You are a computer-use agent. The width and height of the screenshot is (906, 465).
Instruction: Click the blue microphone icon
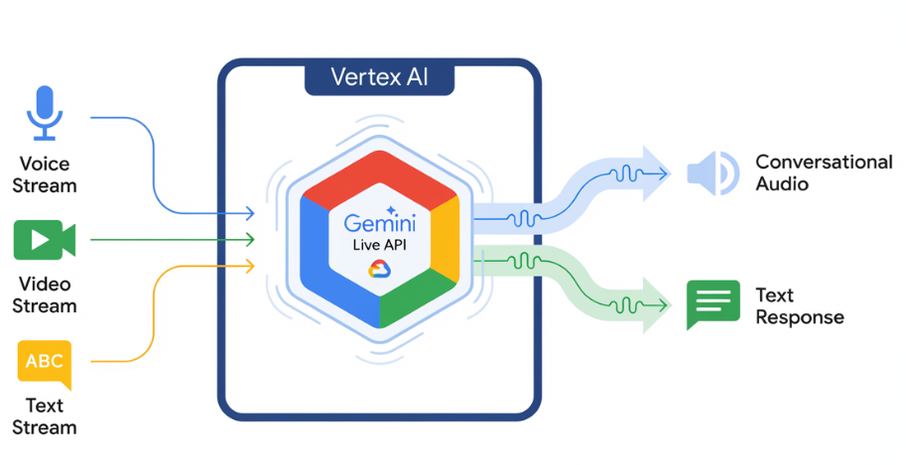tap(44, 112)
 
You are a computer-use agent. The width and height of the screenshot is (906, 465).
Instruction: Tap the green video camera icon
tap(44, 240)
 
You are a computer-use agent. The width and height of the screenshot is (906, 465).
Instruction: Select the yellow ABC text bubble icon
tap(45, 363)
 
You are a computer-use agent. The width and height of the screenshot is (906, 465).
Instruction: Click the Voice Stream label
tap(44, 174)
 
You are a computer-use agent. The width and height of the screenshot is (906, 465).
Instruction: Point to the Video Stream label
tap(44, 294)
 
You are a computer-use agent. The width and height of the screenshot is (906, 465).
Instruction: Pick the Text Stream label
tap(45, 416)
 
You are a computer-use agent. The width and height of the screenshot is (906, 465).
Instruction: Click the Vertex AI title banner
tap(379, 77)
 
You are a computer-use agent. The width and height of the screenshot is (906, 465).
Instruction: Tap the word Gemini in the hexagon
tap(381, 223)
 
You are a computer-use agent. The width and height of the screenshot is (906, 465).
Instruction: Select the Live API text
tap(381, 245)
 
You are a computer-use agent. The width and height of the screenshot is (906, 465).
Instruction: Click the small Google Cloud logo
tap(381, 268)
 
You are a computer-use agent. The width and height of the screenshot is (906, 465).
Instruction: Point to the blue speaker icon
tap(712, 173)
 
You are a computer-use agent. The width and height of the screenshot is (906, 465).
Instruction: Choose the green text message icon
tap(712, 304)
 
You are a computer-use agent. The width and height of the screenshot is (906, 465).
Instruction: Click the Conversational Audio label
tap(824, 173)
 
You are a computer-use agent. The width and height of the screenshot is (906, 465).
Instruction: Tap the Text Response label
tap(799, 305)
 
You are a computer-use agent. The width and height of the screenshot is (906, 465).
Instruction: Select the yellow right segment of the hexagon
tap(446, 238)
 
